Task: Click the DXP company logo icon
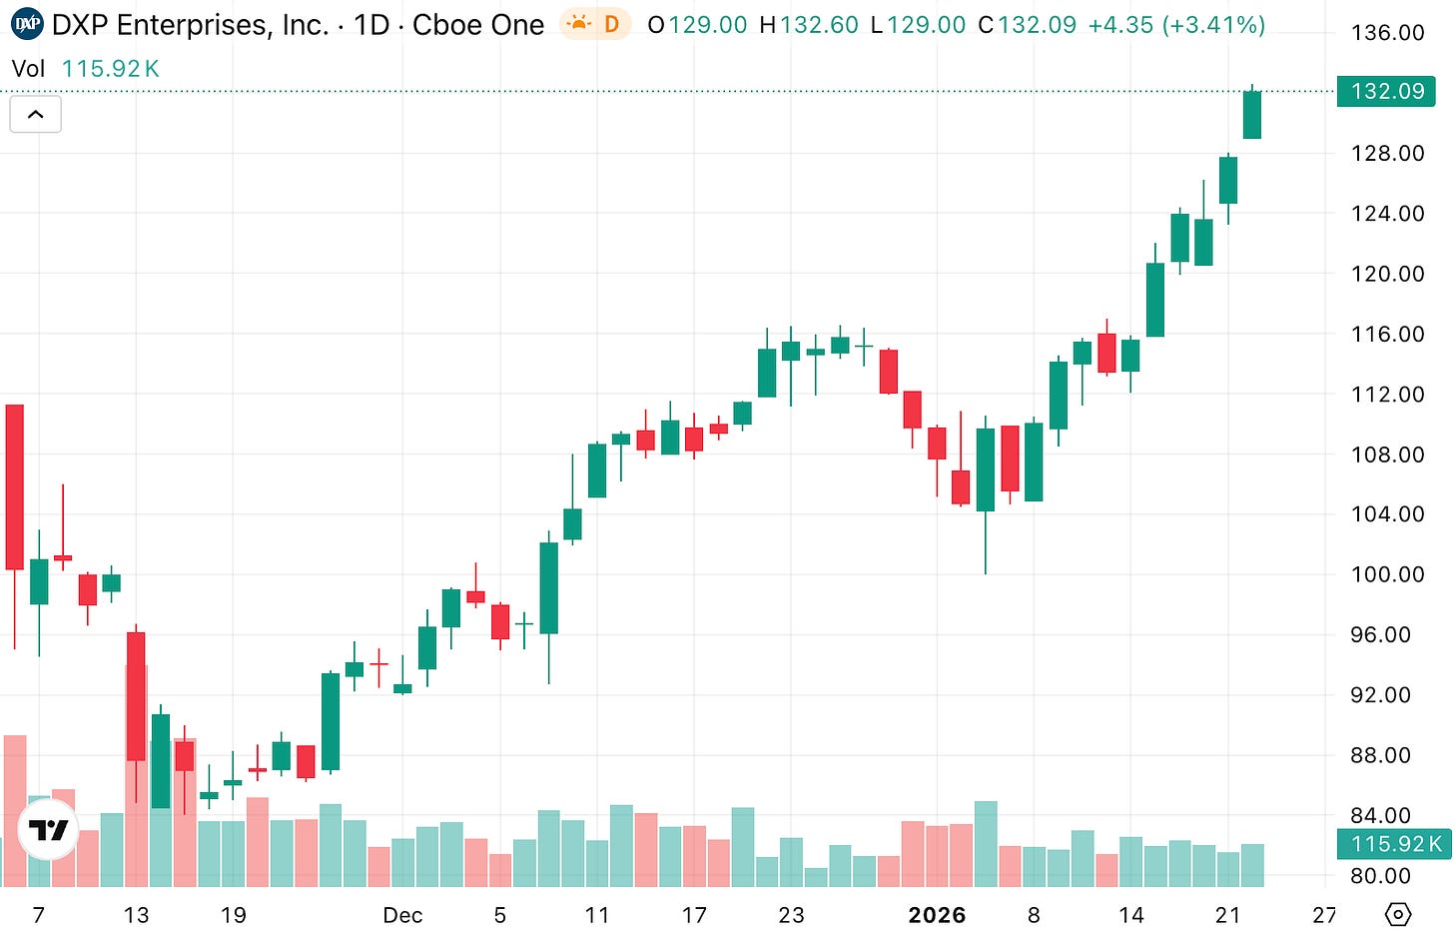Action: pyautogui.click(x=28, y=24)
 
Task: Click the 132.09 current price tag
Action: pyautogui.click(x=1386, y=91)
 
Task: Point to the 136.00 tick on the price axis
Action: pyautogui.click(x=1387, y=33)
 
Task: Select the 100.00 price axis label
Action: pyautogui.click(x=1387, y=574)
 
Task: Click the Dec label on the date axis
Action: pyautogui.click(x=402, y=915)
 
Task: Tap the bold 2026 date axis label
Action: pyautogui.click(x=937, y=915)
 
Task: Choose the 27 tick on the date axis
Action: pyautogui.click(x=1324, y=915)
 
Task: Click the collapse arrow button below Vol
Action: pyautogui.click(x=35, y=115)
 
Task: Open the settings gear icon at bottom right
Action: pyautogui.click(x=1398, y=914)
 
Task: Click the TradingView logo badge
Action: pyautogui.click(x=48, y=829)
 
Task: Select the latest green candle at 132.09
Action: pyautogui.click(x=1251, y=115)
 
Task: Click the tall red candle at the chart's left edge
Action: pyautogui.click(x=14, y=486)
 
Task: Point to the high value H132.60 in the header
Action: pyautogui.click(x=808, y=25)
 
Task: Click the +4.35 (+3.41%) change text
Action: pyautogui.click(x=1176, y=25)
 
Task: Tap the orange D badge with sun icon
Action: pyautogui.click(x=595, y=24)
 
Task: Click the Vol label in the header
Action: pyautogui.click(x=29, y=69)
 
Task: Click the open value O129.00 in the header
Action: pyautogui.click(x=697, y=25)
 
